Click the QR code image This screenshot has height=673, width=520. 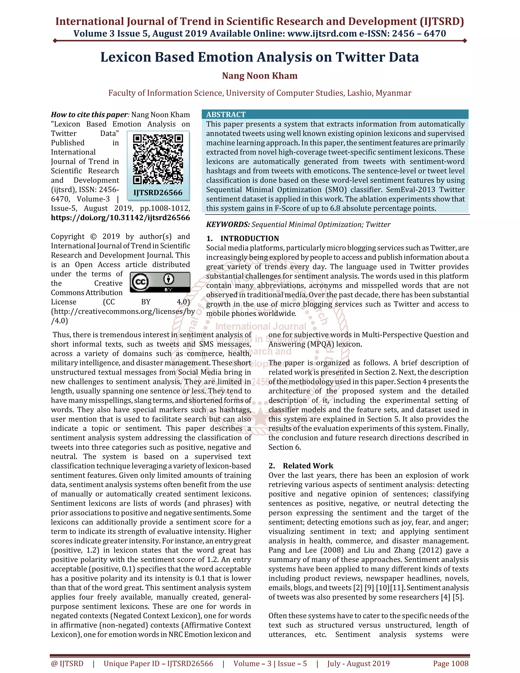coord(158,159)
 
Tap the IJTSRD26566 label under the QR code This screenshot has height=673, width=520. coord(158,193)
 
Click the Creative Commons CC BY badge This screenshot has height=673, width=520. coord(160,282)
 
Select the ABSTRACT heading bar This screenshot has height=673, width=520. coord(335,114)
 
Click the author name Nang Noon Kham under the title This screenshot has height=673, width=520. coord(260,76)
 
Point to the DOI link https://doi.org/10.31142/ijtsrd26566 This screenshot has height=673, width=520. coord(120,218)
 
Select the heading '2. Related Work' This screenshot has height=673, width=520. coord(301,466)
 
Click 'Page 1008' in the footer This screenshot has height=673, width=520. coord(450,663)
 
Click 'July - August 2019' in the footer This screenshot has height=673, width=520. coord(358,663)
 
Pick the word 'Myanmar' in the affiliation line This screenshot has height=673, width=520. coord(393,93)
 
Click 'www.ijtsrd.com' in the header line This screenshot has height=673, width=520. coord(322,34)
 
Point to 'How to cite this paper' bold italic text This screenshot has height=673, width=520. coord(89,115)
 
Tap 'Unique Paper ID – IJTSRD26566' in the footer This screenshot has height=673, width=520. coord(158,663)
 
